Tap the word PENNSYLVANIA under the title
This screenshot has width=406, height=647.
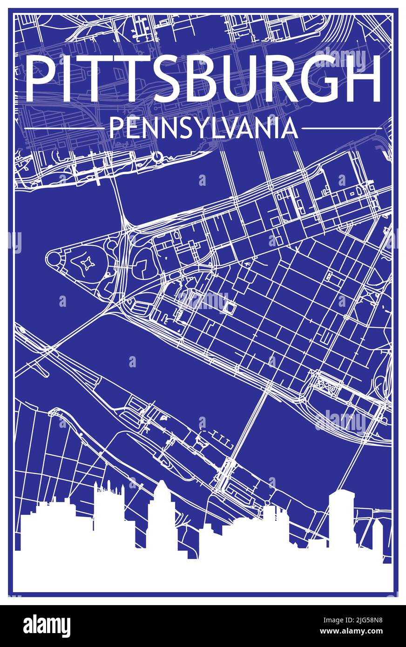(x=203, y=128)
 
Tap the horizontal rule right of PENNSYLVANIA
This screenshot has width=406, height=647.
(x=341, y=128)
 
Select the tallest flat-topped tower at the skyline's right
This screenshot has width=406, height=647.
(x=341, y=517)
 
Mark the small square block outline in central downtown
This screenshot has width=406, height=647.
(x=230, y=308)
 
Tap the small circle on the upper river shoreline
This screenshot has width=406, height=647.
(x=157, y=155)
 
